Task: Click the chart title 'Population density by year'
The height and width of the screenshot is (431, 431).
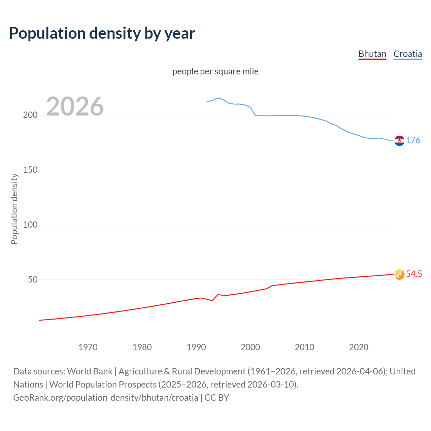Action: (102, 33)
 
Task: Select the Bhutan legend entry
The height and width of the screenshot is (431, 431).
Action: (372, 54)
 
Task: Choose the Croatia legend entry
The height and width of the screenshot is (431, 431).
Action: (407, 54)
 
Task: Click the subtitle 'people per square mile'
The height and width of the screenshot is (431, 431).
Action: (215, 71)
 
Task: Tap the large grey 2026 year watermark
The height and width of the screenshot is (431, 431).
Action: (75, 106)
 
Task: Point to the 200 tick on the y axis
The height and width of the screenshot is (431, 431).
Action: (30, 115)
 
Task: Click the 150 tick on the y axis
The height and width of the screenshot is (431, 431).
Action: (30, 170)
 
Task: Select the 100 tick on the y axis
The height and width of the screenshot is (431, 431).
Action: (30, 225)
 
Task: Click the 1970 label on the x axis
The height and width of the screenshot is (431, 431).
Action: (88, 347)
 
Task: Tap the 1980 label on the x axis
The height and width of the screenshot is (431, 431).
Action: (142, 347)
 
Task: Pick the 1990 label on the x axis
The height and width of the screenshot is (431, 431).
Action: (196, 347)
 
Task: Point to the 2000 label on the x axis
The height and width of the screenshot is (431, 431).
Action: (250, 347)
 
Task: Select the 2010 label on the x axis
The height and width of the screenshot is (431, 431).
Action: (304, 347)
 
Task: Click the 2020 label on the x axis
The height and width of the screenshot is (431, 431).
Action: (359, 347)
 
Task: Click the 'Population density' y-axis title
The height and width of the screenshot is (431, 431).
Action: (14, 209)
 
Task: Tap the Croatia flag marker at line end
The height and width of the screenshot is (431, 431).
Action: (399, 141)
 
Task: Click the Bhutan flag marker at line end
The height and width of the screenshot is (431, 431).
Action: (399, 274)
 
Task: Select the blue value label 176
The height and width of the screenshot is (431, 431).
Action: (413, 140)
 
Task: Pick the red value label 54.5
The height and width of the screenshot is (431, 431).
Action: (414, 274)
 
